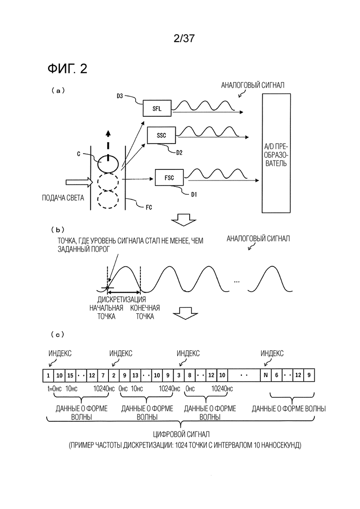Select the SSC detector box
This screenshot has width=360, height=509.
click(161, 135)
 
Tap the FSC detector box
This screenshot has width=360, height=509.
click(169, 177)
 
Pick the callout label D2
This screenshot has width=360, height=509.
click(180, 151)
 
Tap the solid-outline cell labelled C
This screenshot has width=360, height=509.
click(107, 162)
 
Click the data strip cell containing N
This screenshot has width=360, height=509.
click(265, 375)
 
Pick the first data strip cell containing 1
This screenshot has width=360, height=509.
click(48, 375)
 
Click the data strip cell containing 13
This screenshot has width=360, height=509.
click(137, 375)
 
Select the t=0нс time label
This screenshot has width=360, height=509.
click(55, 389)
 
